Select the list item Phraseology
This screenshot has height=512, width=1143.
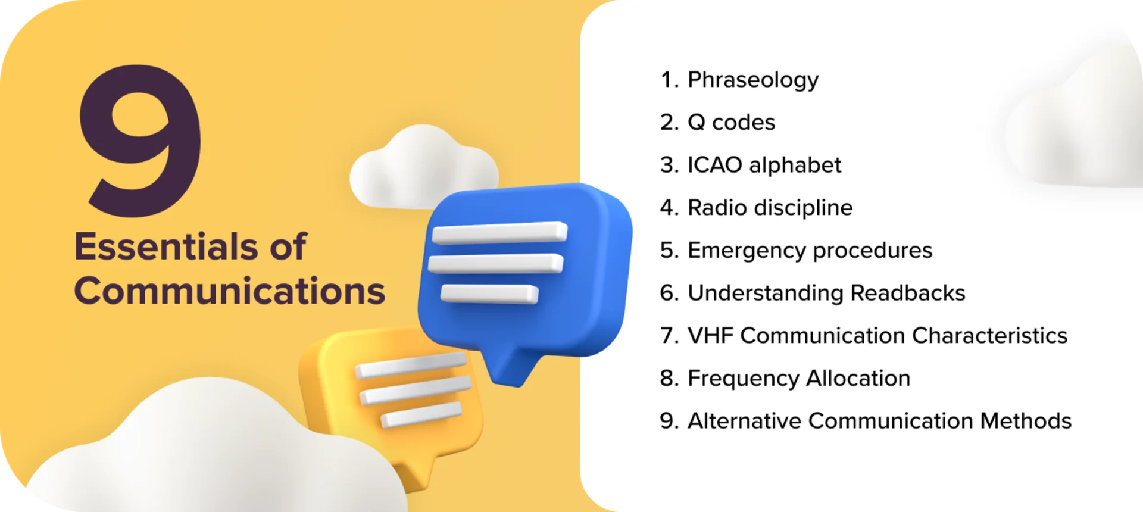pyautogui.click(x=752, y=80)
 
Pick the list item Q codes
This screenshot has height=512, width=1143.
pyautogui.click(x=731, y=123)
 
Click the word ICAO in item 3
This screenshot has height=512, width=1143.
pyautogui.click(x=714, y=165)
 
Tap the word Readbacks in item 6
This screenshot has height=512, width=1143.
pyautogui.click(x=907, y=293)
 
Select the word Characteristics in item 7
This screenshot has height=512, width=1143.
pyautogui.click(x=989, y=336)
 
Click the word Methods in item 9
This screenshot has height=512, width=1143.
pyautogui.click(x=1025, y=421)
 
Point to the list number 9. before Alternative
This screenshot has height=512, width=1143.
pyautogui.click(x=669, y=421)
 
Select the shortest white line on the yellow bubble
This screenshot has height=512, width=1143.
pyautogui.click(x=421, y=415)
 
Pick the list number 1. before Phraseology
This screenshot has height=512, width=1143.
pyautogui.click(x=669, y=80)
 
